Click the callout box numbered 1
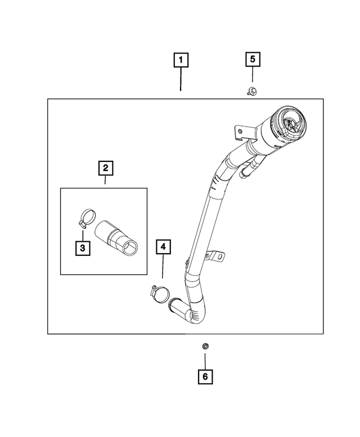click(x=181, y=59)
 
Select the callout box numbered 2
click(x=105, y=167)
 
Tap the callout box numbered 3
click(x=82, y=247)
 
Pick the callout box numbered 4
click(x=163, y=246)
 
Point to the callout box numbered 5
click(x=252, y=58)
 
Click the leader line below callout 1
click(x=181, y=79)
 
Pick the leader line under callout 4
click(x=163, y=268)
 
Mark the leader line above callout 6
click(x=205, y=358)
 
